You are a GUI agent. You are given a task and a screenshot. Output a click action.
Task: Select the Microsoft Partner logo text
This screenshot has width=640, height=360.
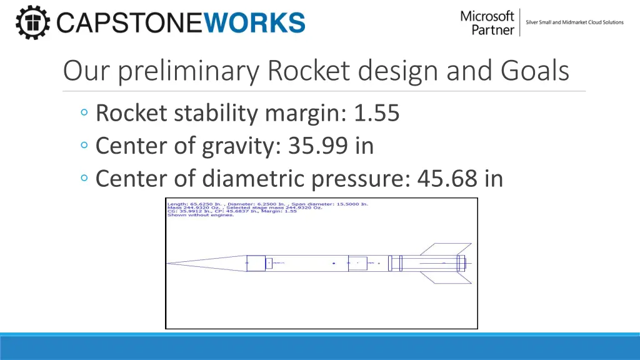click(x=487, y=22)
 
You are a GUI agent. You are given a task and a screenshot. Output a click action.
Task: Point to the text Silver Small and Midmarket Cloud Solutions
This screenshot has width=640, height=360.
click(x=574, y=22)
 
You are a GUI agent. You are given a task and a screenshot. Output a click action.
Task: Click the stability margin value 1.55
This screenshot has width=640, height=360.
click(x=376, y=113)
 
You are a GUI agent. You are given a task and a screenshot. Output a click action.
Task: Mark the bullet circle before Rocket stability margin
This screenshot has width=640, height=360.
click(x=84, y=114)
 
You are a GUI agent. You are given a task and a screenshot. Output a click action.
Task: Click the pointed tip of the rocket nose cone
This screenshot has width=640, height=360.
click(x=167, y=263)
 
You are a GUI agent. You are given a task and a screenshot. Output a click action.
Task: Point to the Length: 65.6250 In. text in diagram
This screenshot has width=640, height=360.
click(x=191, y=204)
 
